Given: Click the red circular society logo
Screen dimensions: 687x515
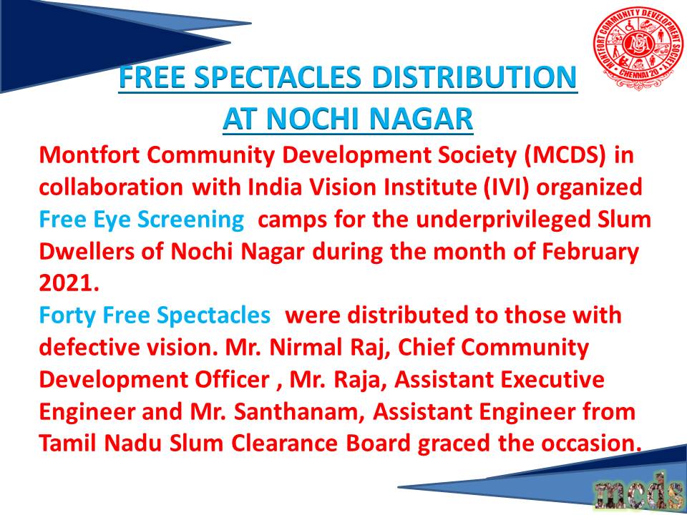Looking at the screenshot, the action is click(x=638, y=48).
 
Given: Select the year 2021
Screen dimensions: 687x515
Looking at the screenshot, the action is click(x=65, y=284).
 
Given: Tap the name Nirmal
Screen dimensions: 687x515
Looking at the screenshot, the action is click(x=298, y=348).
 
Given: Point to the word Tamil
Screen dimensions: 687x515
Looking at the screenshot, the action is click(x=69, y=444).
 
